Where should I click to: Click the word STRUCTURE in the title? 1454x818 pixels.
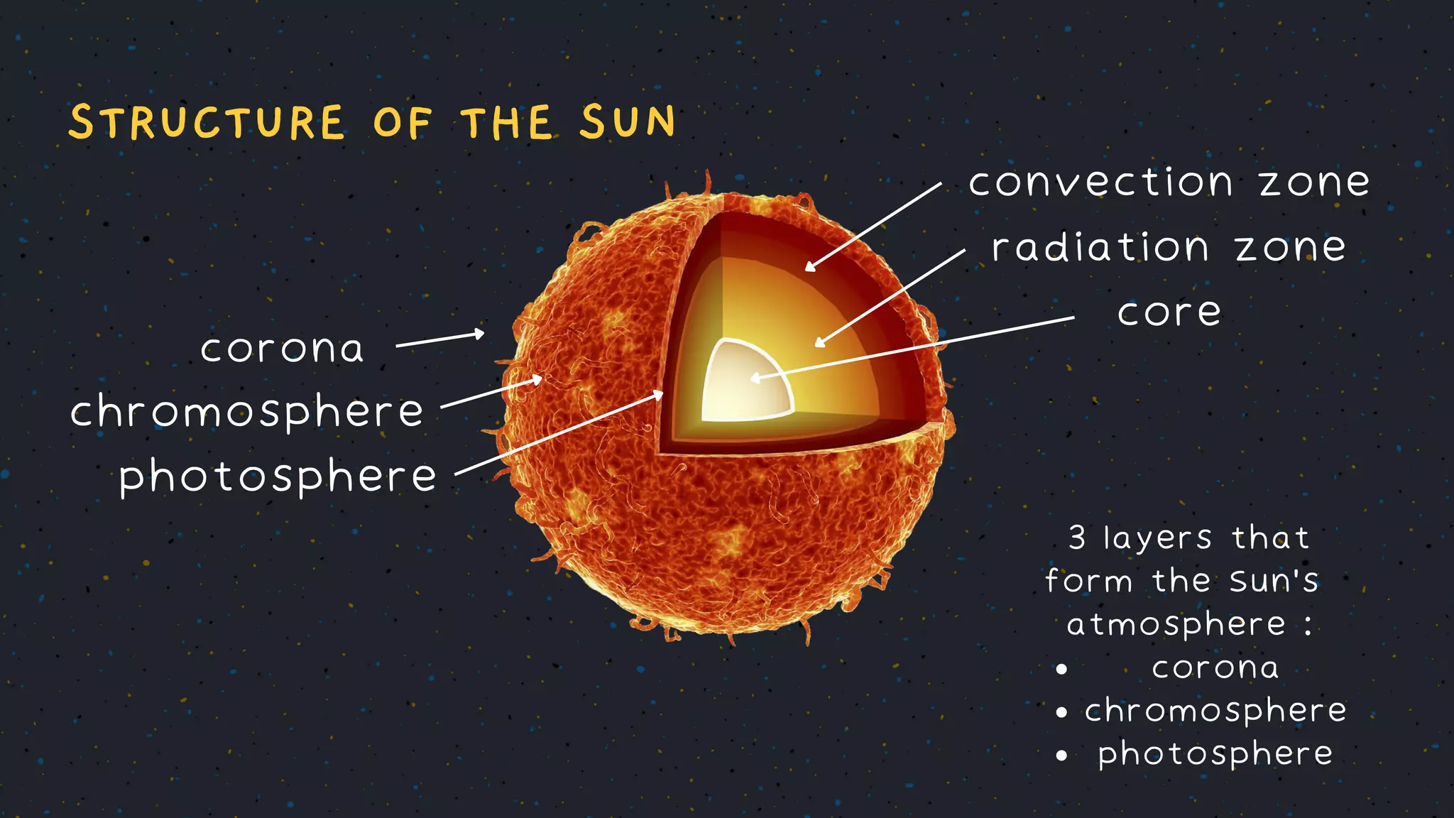click(x=207, y=122)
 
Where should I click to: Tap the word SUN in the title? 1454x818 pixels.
click(x=628, y=121)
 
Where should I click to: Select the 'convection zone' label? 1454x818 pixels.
click(x=1169, y=182)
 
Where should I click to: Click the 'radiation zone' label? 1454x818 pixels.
click(x=1169, y=248)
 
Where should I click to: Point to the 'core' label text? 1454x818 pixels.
click(x=1169, y=312)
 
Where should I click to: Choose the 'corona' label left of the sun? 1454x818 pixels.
click(x=282, y=349)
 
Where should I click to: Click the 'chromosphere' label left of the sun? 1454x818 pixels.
click(x=247, y=412)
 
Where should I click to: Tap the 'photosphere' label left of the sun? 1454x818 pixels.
click(x=278, y=476)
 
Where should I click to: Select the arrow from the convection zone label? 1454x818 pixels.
click(x=874, y=227)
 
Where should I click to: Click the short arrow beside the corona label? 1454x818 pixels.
click(x=440, y=339)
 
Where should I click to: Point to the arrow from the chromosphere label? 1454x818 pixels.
click(x=491, y=393)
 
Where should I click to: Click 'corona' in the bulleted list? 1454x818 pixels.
click(x=1215, y=667)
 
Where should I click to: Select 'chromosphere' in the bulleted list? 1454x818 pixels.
click(x=1215, y=711)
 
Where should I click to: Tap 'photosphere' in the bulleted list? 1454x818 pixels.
click(x=1215, y=754)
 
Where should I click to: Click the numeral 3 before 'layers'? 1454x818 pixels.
click(x=1077, y=538)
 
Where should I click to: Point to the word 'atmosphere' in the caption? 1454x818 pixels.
click(x=1176, y=625)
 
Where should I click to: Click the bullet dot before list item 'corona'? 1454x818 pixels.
click(x=1061, y=669)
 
